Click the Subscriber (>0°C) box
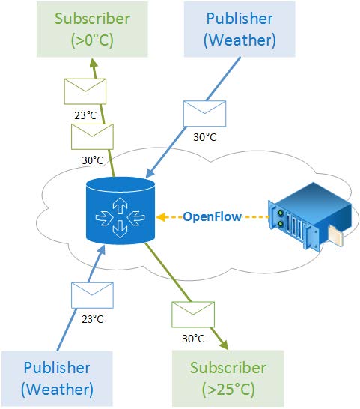[92, 29]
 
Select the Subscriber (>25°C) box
[228, 378]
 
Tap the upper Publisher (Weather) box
[240, 29]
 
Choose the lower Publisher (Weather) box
[57, 378]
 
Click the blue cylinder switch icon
[120, 210]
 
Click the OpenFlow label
[213, 216]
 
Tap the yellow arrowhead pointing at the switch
[161, 217]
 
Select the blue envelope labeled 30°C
[204, 113]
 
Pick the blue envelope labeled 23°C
[92, 295]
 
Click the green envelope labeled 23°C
[85, 91]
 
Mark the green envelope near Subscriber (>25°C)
[193, 315]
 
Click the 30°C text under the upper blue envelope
[205, 137]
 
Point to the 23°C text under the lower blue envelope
[93, 319]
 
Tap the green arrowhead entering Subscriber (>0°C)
[94, 64]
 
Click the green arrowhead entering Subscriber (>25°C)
[223, 345]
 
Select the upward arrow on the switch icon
[120, 205]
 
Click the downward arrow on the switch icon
[120, 229]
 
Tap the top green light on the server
[281, 213]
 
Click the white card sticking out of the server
[335, 236]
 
